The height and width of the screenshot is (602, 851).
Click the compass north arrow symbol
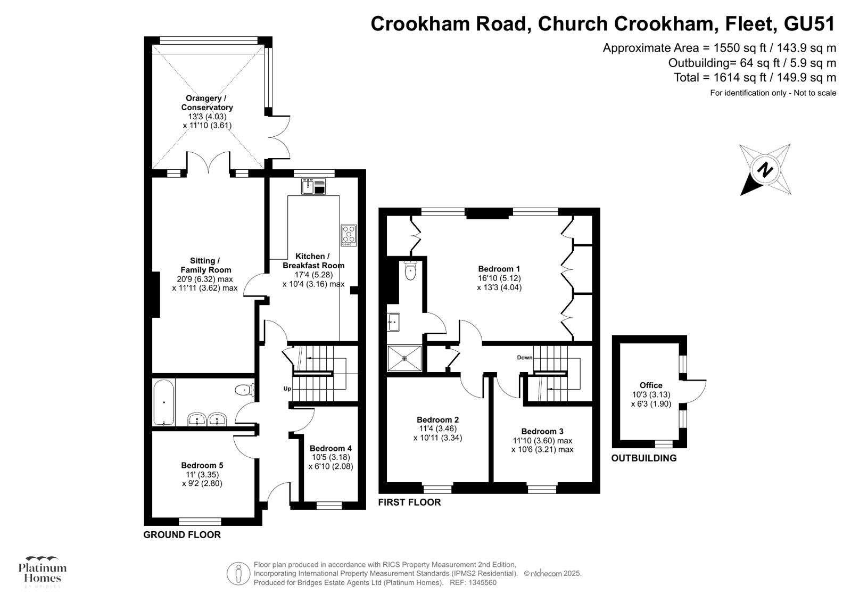pyautogui.click(x=765, y=170)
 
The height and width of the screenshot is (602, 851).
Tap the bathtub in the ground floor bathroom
pyautogui.click(x=163, y=402)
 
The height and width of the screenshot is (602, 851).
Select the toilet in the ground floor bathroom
pyautogui.click(x=245, y=390)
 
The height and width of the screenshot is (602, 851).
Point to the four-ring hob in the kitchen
pyautogui.click(x=349, y=235)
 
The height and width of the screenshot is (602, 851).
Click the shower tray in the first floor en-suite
pyautogui.click(x=404, y=358)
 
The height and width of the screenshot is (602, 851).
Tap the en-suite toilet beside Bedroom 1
pyautogui.click(x=410, y=272)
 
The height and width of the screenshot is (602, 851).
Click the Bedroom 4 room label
pyautogui.click(x=331, y=448)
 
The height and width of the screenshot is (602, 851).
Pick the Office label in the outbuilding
pyautogui.click(x=651, y=385)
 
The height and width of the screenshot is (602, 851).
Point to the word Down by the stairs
pyautogui.click(x=524, y=358)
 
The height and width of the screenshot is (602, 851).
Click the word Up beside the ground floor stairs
pyautogui.click(x=287, y=389)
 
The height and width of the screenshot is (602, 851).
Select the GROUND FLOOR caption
pyautogui.click(x=182, y=535)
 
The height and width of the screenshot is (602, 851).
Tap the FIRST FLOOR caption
pyautogui.click(x=409, y=502)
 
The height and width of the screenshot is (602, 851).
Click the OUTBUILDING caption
pyautogui.click(x=643, y=458)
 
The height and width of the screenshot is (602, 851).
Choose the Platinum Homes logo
pyautogui.click(x=43, y=572)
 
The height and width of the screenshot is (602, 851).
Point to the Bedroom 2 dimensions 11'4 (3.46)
pyautogui.click(x=437, y=428)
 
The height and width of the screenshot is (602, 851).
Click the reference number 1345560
pyautogui.click(x=481, y=582)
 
